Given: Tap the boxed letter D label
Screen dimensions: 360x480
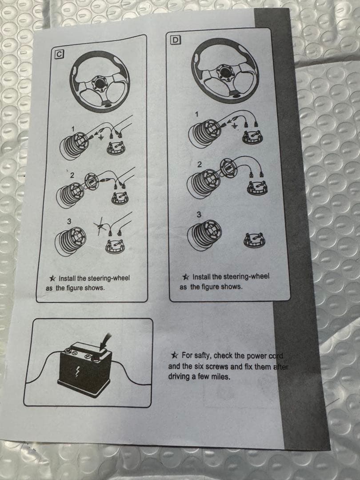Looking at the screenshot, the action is coord(176,40).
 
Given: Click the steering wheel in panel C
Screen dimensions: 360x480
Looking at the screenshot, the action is coord(100,81).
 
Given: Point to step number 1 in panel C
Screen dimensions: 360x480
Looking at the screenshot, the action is coord(73,129).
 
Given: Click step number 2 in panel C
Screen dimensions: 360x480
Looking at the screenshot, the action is coord(72,176).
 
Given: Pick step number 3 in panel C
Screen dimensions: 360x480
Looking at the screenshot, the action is coord(69,221).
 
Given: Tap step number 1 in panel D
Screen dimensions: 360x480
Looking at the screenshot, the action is coord(197,114).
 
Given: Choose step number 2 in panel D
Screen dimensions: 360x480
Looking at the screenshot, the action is coord(199,165).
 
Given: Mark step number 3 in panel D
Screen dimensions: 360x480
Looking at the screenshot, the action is coord(199,214).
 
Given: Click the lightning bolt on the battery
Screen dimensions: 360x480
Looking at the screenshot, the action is coord(77,372).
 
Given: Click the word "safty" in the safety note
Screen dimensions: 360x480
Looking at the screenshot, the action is coord(203,356).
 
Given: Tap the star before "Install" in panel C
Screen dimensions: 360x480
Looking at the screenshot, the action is coord(52,279).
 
